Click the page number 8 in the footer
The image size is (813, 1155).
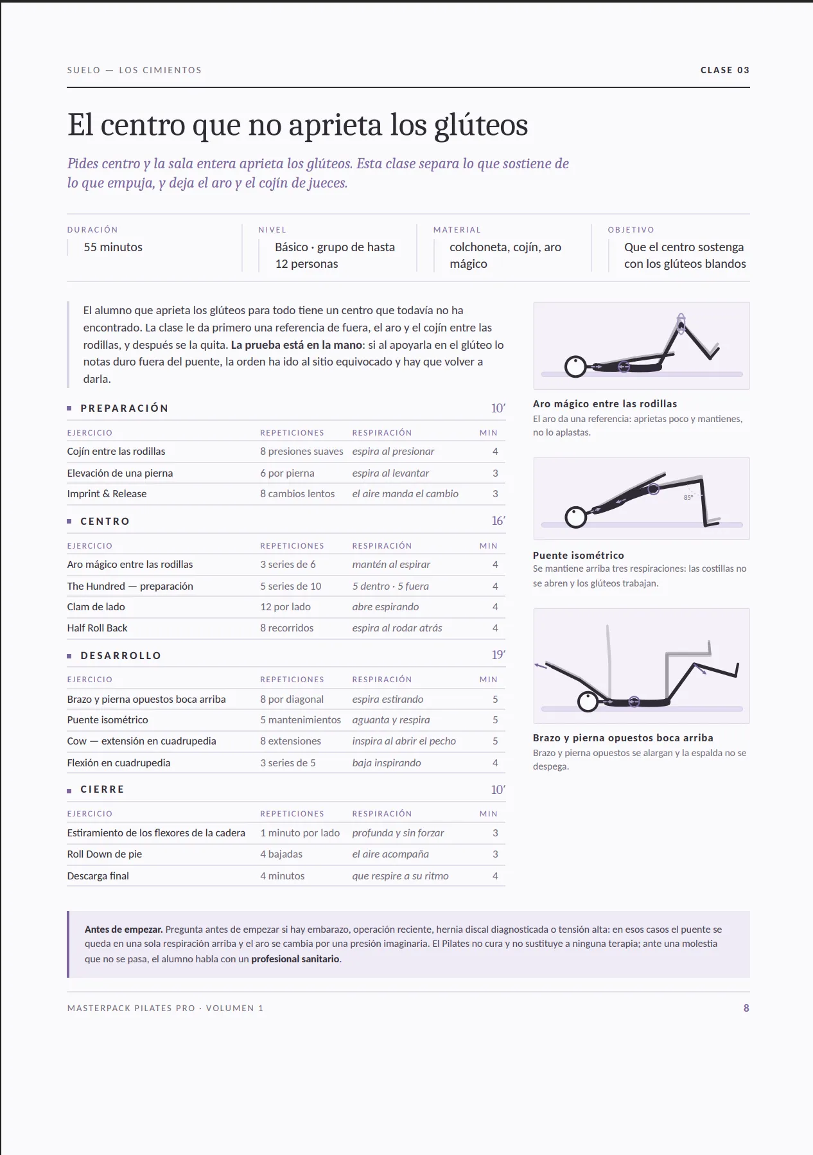pyautogui.click(x=746, y=1008)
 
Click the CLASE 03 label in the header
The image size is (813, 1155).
pyautogui.click(x=725, y=70)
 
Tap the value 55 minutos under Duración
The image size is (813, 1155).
pyautogui.click(x=113, y=247)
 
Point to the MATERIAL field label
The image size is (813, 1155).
pyautogui.click(x=457, y=230)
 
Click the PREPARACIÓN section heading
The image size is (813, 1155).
pyautogui.click(x=125, y=408)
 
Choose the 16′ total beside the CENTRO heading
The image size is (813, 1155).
pyautogui.click(x=498, y=521)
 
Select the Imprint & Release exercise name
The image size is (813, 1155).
pyautogui.click(x=107, y=493)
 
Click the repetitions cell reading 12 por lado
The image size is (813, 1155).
pyautogui.click(x=285, y=606)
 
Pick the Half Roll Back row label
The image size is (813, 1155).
pyautogui.click(x=97, y=628)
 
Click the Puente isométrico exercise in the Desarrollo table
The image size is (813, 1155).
pyautogui.click(x=107, y=720)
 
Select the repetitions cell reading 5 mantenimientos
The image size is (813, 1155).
pyautogui.click(x=301, y=720)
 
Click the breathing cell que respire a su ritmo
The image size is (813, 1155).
pyautogui.click(x=400, y=876)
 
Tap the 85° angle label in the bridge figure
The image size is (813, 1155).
pyautogui.click(x=688, y=497)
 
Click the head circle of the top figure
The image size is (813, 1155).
pyautogui.click(x=575, y=367)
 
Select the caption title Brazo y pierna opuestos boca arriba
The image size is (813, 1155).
pyautogui.click(x=623, y=738)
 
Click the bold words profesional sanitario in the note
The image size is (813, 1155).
pyautogui.click(x=295, y=959)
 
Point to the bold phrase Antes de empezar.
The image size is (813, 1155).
pyautogui.click(x=123, y=930)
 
